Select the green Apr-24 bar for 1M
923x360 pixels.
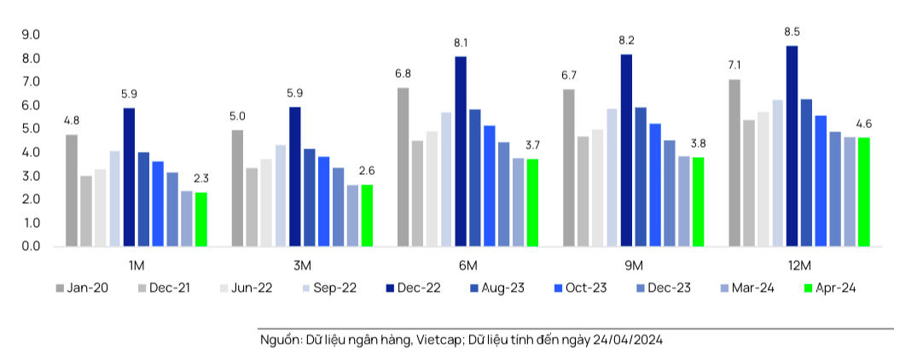pos(201,219)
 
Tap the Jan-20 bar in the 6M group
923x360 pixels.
pos(403,166)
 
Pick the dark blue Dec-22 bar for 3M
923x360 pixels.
pos(295,176)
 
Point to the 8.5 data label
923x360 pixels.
pos(792,32)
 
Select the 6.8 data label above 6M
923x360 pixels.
pos(403,74)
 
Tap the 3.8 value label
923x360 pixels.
pos(699,143)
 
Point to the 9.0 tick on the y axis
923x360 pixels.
pos(32,35)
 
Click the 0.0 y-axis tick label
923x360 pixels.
pos(32,247)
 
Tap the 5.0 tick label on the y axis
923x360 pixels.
pos(32,129)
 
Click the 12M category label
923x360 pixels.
pos(799,265)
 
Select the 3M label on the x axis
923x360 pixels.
pos(302,265)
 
